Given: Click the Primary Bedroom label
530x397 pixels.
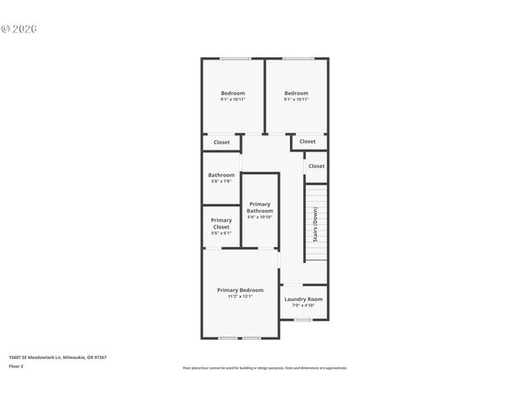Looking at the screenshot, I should coord(240,290).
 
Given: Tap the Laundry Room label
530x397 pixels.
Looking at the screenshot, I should coord(303,299).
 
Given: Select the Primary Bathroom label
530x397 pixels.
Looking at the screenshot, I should coord(260,208).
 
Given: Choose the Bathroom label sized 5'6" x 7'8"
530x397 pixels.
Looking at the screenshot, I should coord(221,175).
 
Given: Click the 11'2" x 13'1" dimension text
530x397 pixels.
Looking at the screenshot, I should coord(240,297).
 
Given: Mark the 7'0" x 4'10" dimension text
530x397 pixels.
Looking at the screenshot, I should coord(303,306).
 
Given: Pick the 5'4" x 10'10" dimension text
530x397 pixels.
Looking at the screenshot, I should coord(260,218).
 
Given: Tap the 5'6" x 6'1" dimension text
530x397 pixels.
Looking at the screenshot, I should coord(221,233).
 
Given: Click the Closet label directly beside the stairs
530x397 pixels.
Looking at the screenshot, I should coord(316,166).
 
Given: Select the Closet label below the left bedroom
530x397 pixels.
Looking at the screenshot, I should coord(222,142).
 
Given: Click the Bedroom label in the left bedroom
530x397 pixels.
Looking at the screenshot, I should coord(233,93).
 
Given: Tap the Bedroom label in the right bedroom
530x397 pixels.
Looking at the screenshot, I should coord(296,93).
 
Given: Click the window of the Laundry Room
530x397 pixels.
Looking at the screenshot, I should coord(303,319).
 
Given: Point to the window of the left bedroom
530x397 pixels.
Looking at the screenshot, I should coord(235,58).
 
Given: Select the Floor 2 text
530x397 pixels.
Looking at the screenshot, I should coord(17,366).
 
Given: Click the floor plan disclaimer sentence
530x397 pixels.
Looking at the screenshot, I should coord(264,368).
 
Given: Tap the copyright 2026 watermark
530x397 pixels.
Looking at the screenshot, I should coord(19,29).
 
